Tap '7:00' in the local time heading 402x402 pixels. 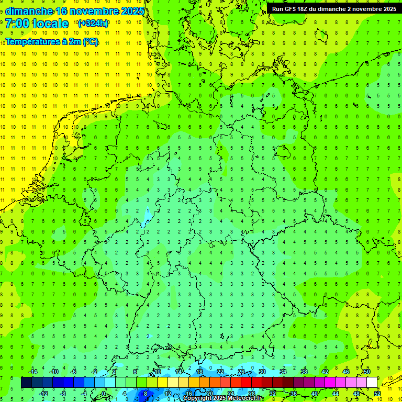point(16,24)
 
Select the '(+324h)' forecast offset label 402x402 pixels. point(93,24)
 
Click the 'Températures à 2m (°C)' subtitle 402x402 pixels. point(52,42)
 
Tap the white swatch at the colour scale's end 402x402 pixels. point(372,382)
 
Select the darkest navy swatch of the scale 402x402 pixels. point(26,382)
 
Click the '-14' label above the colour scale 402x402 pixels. point(33,372)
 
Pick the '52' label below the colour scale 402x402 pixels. point(377,394)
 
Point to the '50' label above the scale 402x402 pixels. point(366,372)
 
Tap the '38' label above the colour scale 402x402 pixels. point(304,372)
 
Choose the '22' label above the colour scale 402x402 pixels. point(220,372)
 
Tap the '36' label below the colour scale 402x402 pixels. point(293,394)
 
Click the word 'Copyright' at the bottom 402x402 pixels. point(198,398)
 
